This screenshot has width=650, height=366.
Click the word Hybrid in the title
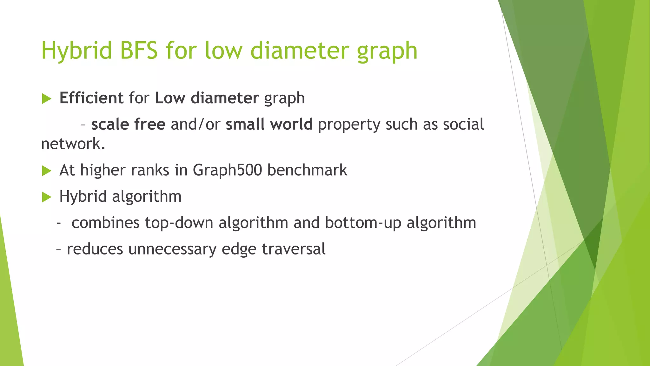click(x=76, y=51)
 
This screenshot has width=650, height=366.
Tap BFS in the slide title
click(x=139, y=51)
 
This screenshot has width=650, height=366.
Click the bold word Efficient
click(x=91, y=98)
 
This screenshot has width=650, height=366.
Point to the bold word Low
click(x=170, y=98)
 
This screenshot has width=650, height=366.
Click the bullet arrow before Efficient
click(x=47, y=99)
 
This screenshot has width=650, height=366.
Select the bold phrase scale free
click(x=128, y=124)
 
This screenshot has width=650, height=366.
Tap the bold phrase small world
click(x=269, y=124)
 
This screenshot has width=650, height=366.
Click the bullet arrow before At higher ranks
click(x=47, y=171)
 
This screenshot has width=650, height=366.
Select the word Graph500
click(x=227, y=170)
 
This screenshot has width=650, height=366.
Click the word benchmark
click(x=307, y=170)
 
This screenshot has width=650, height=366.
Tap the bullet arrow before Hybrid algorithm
click(x=47, y=197)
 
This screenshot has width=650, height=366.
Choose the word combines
click(x=105, y=223)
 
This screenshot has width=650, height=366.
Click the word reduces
click(x=95, y=249)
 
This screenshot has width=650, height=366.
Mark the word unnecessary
click(x=172, y=249)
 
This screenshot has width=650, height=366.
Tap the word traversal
click(x=294, y=249)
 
